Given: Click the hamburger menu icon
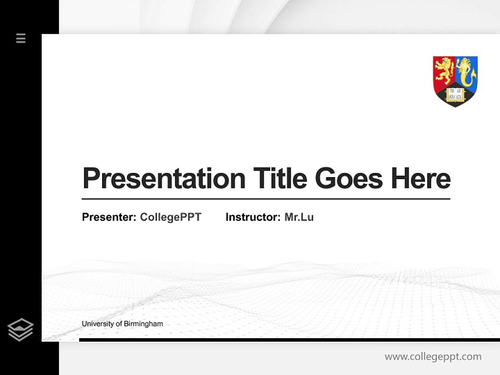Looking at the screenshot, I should click(x=21, y=38).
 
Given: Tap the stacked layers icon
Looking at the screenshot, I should click(x=20, y=330).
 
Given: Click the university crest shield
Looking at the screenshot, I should click(x=455, y=81).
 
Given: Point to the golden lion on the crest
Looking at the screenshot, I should click(x=444, y=70).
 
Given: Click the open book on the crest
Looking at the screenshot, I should click(x=455, y=94).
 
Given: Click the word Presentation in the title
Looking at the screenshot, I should click(x=164, y=179).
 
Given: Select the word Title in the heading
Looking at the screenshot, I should click(x=280, y=179).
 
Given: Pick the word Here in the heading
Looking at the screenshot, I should click(x=420, y=179).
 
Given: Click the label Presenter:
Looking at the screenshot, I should click(x=109, y=217).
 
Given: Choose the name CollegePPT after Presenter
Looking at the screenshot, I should click(x=170, y=217).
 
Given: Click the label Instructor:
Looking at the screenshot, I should click(x=253, y=217).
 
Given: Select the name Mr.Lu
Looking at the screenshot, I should click(x=299, y=217).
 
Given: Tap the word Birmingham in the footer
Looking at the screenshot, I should click(x=143, y=324).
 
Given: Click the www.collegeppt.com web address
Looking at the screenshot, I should click(x=433, y=357).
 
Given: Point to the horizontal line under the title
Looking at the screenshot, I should click(x=266, y=199).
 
